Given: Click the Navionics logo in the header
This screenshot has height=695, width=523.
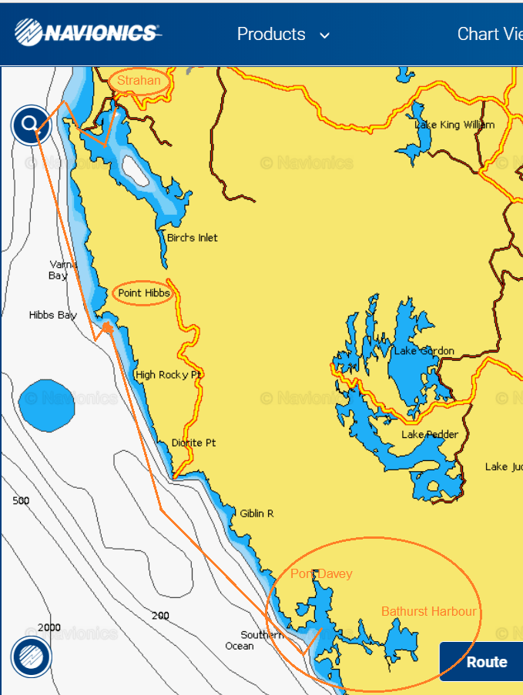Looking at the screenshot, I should tap(87, 33).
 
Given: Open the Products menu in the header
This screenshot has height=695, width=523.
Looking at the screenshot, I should tap(283, 35).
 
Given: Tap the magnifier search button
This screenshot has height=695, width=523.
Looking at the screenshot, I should tap(31, 124).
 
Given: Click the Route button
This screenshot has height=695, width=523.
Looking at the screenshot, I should tap(486, 662).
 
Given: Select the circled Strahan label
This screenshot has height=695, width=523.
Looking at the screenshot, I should tap(139, 81).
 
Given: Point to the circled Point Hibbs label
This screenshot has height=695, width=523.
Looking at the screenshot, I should tap(143, 293).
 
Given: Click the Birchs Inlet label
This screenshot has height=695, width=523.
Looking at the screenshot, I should tap(192, 238).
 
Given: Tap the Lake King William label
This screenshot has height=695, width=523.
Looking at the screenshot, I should tap(454, 125).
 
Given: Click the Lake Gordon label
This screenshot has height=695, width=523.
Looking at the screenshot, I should tap(424, 351).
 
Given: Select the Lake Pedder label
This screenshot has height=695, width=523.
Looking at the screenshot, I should tap(429, 435).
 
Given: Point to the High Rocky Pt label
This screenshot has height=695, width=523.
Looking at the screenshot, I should tap(168, 375).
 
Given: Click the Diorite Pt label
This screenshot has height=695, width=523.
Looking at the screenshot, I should tap(193, 443).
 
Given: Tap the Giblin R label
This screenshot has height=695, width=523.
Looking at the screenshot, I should tap(256, 513).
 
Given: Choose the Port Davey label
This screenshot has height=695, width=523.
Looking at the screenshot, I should tap(321, 574).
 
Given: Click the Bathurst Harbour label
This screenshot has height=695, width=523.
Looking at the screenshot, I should tap(429, 612).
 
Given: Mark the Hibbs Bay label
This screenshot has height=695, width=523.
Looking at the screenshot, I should tap(52, 315).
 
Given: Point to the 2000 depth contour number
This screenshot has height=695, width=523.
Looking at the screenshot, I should tap(49, 627).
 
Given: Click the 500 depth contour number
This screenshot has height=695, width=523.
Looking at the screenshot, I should tap(21, 501).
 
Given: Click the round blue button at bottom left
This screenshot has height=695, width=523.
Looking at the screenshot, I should tap(31, 657).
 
